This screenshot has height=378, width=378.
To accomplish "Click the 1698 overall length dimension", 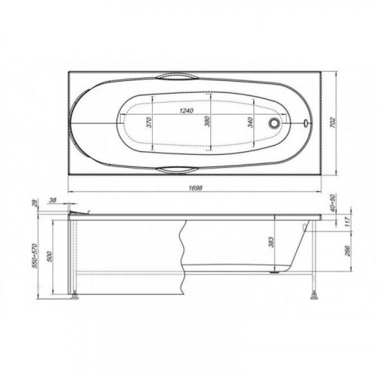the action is pos(195,187).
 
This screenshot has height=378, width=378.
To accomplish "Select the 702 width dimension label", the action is pos(333,122).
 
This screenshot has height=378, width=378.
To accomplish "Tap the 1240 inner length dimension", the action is pos(186,110).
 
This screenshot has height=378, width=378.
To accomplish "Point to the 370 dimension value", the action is pos(149,122).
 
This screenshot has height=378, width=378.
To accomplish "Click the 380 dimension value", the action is pos(207,121).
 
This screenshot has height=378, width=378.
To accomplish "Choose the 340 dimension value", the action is pos(250,122).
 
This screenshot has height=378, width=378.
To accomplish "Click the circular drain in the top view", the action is pos(274,122).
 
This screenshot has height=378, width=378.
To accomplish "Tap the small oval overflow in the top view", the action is pos(305,123).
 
